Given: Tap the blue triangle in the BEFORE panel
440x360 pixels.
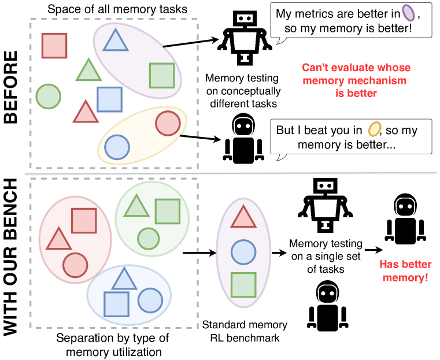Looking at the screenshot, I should [x=115, y=39].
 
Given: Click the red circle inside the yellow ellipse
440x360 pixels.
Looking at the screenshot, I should [x=168, y=123].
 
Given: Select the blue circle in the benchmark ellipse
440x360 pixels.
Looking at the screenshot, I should [x=243, y=252].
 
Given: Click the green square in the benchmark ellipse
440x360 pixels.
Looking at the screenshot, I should [x=243, y=285].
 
